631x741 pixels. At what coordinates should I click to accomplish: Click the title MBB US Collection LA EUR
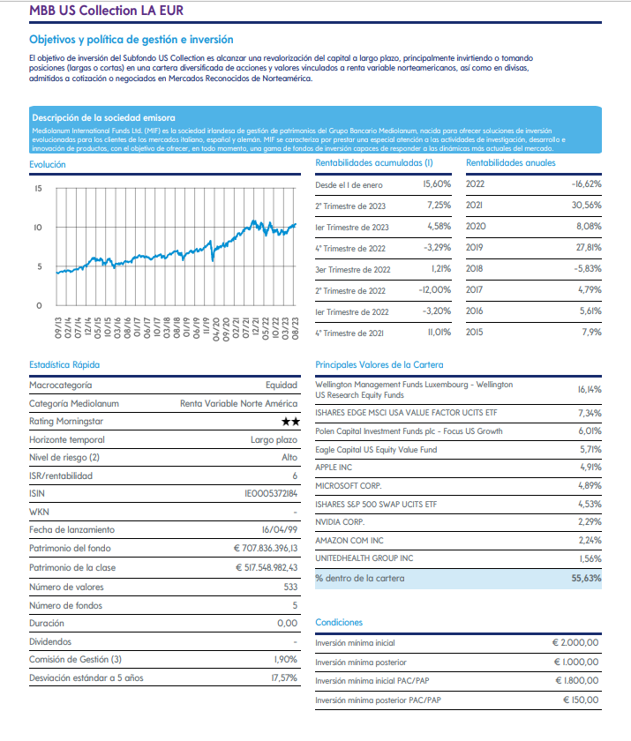tap(107, 11)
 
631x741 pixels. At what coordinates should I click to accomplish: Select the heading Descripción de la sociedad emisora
tap(103, 117)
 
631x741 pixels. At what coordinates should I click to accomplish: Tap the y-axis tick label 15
tap(38, 189)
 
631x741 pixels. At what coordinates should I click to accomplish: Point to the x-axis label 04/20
tap(216, 328)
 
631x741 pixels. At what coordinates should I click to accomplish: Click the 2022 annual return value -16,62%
tap(586, 183)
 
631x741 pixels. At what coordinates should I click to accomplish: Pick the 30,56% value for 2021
tap(586, 205)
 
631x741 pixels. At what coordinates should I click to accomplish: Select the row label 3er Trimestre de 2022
tap(353, 269)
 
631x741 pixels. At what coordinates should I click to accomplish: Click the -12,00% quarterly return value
tap(434, 289)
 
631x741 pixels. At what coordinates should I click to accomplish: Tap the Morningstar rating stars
tap(290, 422)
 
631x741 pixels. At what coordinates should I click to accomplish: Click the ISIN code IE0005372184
tap(271, 493)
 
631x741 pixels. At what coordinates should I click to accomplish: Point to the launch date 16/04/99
tap(280, 530)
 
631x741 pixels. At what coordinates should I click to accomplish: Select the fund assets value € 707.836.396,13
tap(266, 548)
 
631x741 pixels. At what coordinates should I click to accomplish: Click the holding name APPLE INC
tap(334, 468)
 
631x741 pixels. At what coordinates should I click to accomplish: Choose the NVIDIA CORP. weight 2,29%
tap(590, 521)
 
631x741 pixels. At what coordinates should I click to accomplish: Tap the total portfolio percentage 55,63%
tap(586, 578)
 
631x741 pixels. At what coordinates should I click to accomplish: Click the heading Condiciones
tap(339, 623)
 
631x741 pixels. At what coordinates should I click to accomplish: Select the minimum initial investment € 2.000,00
tap(575, 643)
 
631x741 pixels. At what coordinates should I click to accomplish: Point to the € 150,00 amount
tap(581, 700)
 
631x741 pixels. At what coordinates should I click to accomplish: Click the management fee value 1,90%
tap(285, 659)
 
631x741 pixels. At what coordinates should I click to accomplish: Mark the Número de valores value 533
tap(290, 587)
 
